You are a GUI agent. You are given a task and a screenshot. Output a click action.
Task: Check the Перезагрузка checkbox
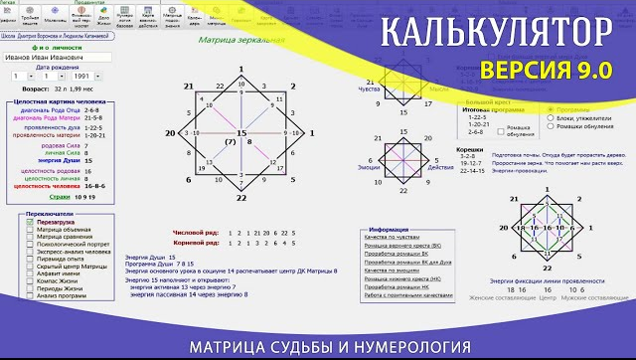coord(30,220)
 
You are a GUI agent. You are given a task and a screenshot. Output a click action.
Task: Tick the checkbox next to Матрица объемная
coord(30,229)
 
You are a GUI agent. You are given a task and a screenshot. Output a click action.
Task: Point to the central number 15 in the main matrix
coord(240,132)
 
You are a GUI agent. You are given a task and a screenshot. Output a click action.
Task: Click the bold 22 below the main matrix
coord(240,199)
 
